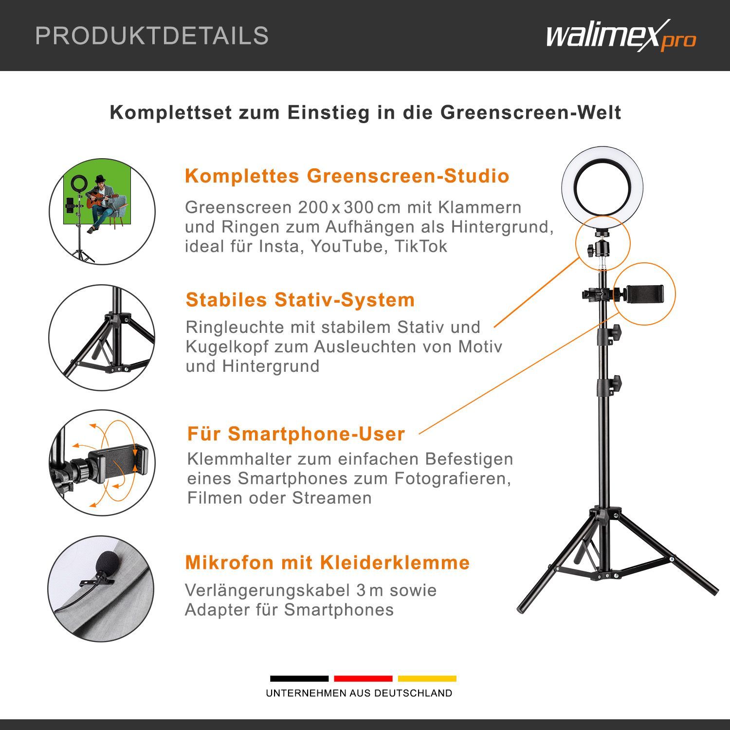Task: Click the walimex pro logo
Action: [621, 36]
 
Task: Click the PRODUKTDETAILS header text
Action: [152, 36]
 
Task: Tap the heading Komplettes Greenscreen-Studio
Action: [347, 176]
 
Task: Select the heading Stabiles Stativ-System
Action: [300, 300]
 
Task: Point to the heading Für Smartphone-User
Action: [296, 434]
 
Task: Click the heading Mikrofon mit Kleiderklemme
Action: [328, 563]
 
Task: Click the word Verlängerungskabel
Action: [267, 591]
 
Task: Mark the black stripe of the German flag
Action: [299, 678]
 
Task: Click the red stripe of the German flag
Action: [363, 678]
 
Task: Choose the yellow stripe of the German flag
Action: [427, 678]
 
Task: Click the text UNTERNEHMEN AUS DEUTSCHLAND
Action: [359, 693]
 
